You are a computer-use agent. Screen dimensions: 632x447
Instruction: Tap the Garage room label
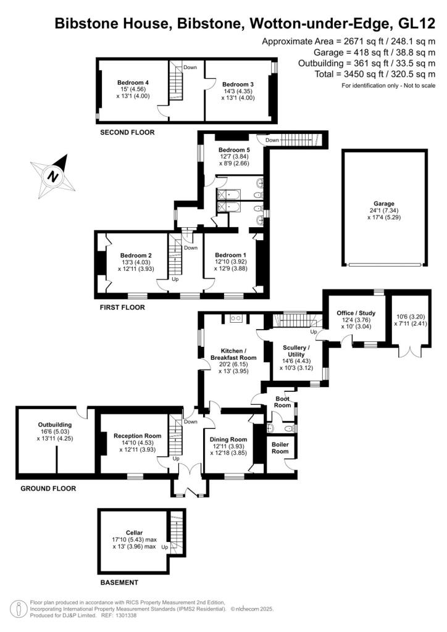(x=383, y=204)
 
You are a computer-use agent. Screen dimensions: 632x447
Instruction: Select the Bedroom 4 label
(x=133, y=83)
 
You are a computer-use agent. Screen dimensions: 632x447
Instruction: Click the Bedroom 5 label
(x=234, y=150)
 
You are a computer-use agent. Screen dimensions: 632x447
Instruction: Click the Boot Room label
(x=282, y=402)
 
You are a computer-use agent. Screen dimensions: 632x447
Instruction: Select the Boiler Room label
(x=280, y=447)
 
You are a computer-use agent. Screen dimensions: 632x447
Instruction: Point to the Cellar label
(x=134, y=532)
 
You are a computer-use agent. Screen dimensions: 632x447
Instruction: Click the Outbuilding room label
(x=55, y=425)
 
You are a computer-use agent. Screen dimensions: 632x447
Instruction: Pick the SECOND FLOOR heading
(x=127, y=132)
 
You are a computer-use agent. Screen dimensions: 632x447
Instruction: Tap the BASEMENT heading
(x=119, y=582)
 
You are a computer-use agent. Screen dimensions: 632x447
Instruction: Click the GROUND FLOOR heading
(x=48, y=488)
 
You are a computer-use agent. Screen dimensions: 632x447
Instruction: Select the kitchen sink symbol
(x=235, y=318)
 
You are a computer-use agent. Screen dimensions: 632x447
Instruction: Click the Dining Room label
(x=230, y=439)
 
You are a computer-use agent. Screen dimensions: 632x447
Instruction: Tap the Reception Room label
(x=137, y=435)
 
